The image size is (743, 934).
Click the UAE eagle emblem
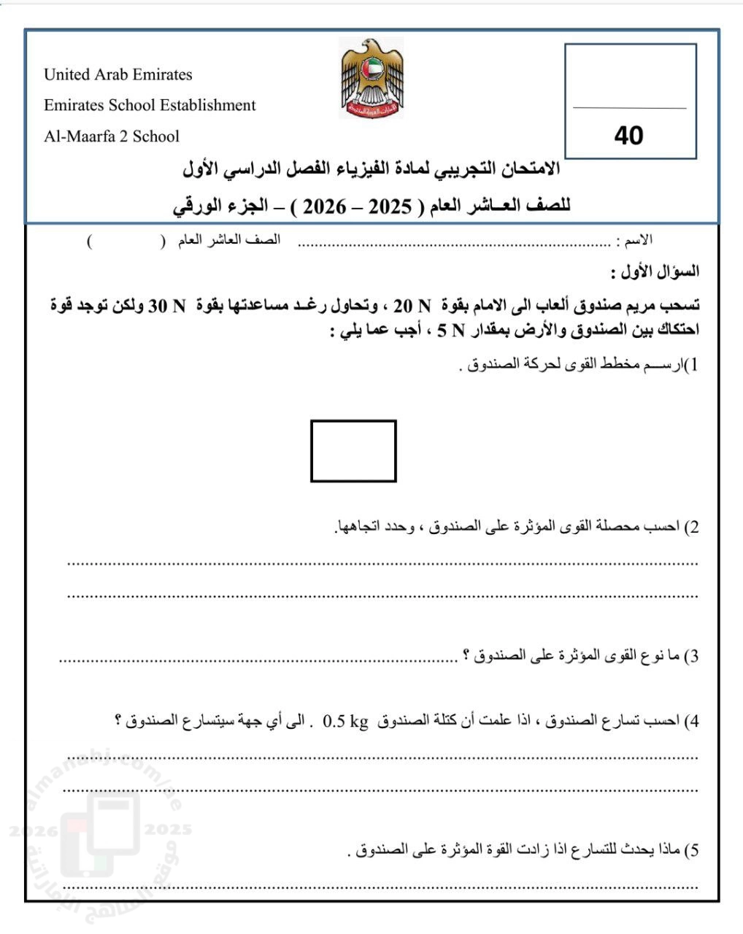click(x=371, y=79)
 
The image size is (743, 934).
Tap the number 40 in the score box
click(x=629, y=135)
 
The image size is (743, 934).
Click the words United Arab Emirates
click(x=118, y=74)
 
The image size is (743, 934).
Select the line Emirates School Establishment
click(x=150, y=105)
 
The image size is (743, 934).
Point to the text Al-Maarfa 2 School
click(x=111, y=136)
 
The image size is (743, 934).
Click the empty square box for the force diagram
click(x=353, y=451)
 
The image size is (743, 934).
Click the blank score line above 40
click(x=630, y=108)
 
